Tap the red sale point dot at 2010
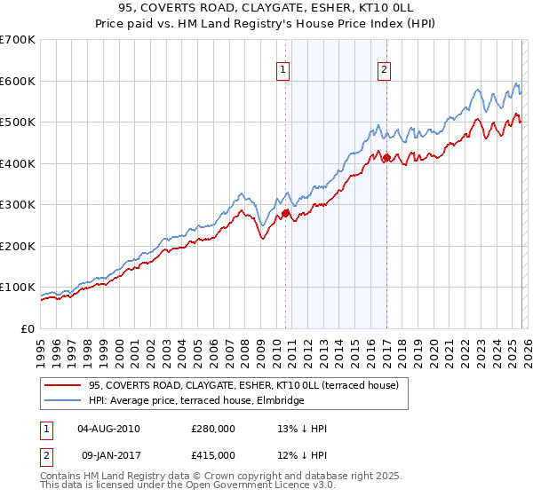click(285, 213)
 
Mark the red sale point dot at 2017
click(386, 157)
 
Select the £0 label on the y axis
click(28, 328)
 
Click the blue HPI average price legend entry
click(195, 400)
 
